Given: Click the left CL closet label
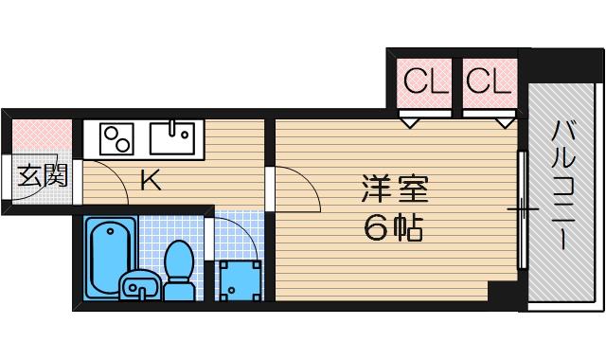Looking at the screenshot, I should (x=424, y=81).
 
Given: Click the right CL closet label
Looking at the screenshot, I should (x=490, y=81).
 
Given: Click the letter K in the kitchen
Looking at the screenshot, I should (x=150, y=178).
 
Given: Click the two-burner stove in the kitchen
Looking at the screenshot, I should (x=116, y=140).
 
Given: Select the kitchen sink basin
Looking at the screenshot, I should (x=171, y=141).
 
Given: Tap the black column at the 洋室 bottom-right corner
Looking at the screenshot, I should (x=501, y=292).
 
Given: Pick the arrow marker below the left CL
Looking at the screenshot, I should (x=409, y=121).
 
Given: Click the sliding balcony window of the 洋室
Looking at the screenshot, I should (x=520, y=207).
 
